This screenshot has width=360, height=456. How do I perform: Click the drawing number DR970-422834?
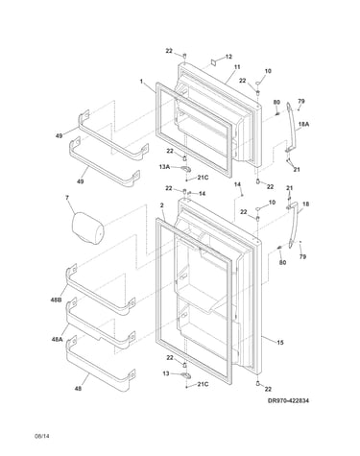point(288,400)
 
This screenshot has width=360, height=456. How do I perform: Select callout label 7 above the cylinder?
point(67,198)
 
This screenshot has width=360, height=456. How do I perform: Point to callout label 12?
point(228,57)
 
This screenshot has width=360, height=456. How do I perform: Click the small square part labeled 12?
point(214,61)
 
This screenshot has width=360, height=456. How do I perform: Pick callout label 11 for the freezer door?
point(237,67)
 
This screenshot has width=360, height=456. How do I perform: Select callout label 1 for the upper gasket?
point(141,82)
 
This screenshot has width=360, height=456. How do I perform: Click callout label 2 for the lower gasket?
point(162,205)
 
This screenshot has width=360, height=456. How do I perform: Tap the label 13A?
point(164,166)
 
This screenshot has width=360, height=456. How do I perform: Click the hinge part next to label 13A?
point(185,168)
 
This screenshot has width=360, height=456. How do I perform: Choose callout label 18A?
point(304,125)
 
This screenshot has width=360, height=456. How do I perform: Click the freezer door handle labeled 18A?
point(292,128)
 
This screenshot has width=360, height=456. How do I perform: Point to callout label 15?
point(280,343)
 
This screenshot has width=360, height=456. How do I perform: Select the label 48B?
point(56,300)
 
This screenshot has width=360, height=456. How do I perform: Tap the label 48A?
point(57,340)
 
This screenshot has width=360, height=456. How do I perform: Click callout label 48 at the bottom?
point(78,389)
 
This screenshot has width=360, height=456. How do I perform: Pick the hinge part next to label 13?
point(185,374)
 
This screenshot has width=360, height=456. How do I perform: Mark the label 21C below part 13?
point(203,384)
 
